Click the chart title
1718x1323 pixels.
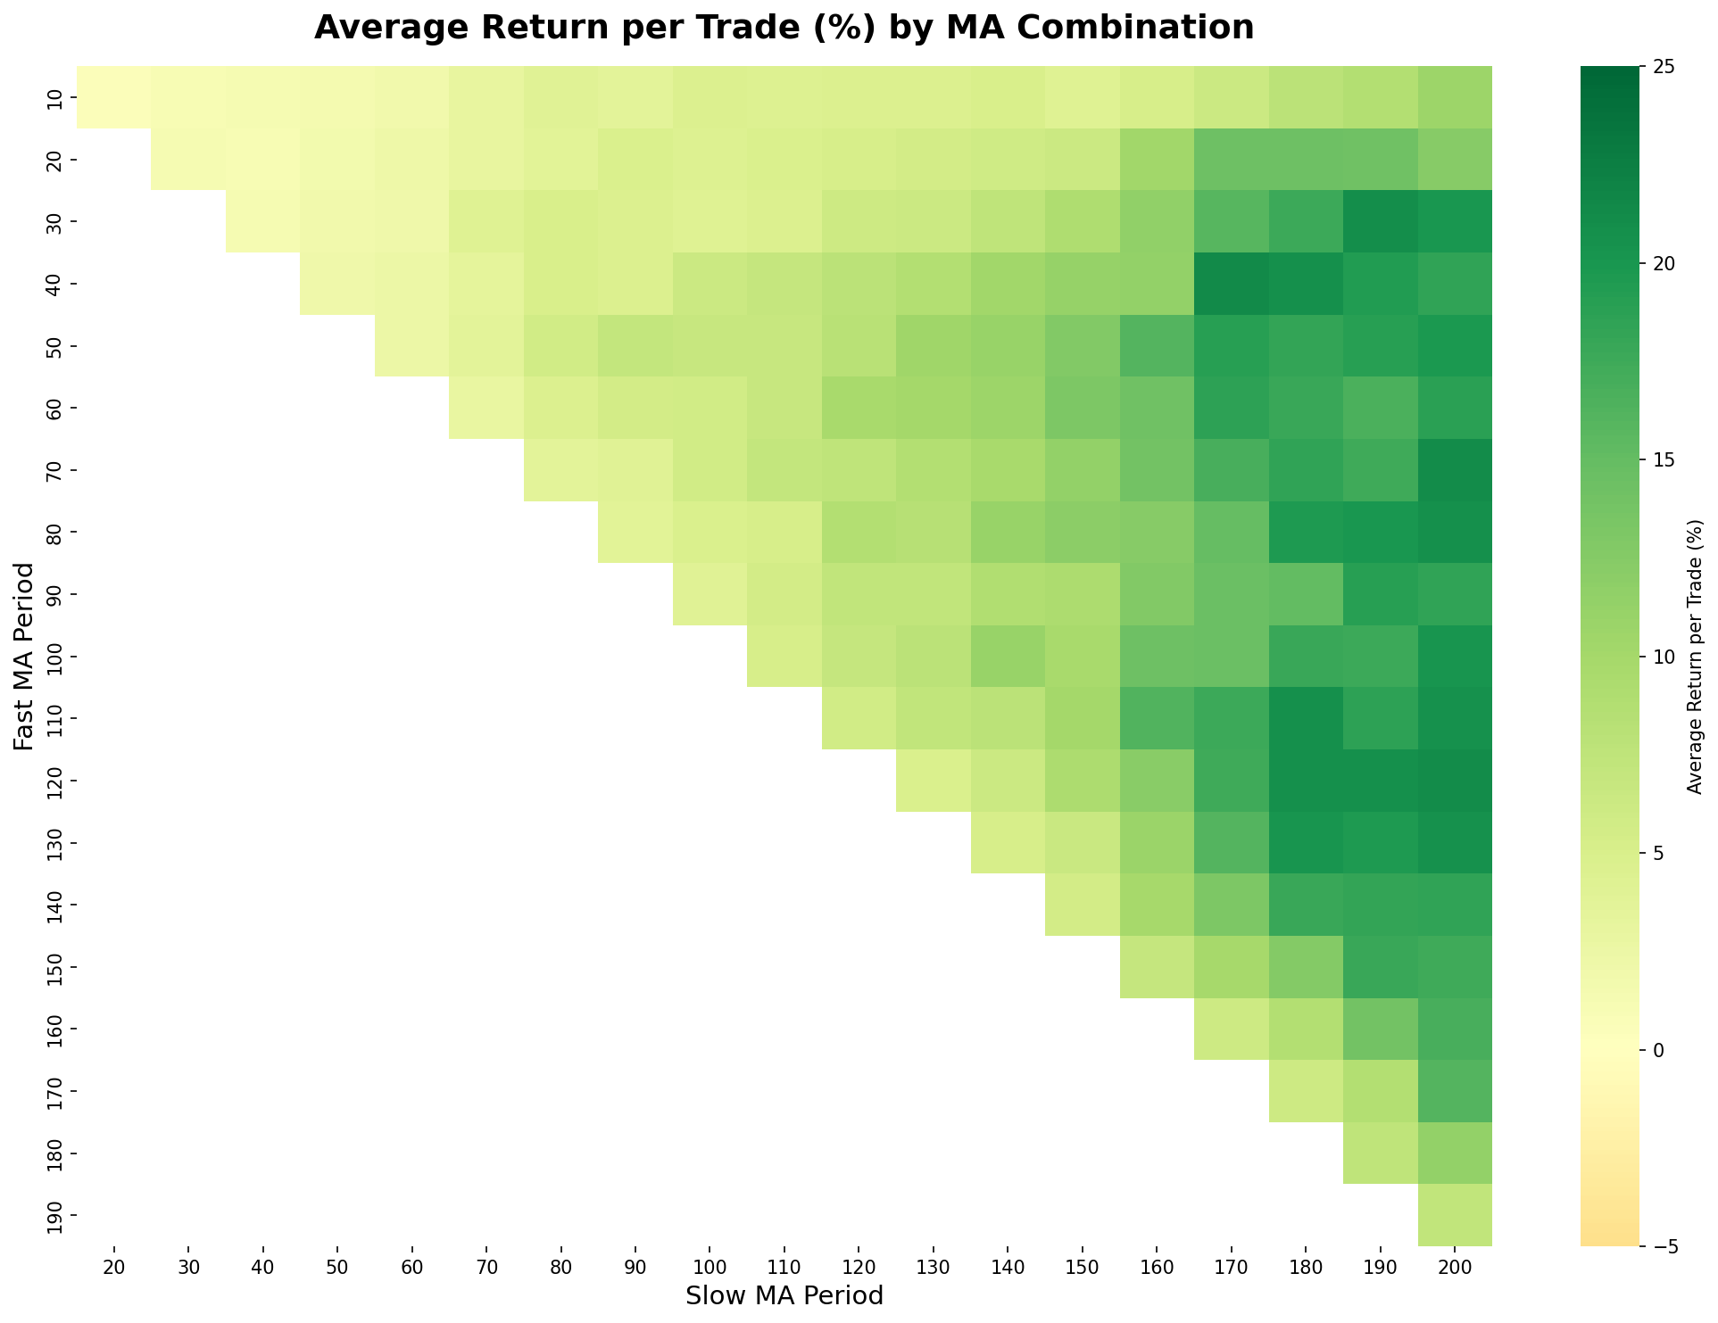(784, 29)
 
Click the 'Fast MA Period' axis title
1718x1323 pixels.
(24, 656)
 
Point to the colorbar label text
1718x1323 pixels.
(1695, 656)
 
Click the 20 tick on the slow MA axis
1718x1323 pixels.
(113, 1264)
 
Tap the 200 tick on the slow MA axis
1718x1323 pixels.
(1455, 1264)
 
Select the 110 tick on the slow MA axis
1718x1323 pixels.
(784, 1264)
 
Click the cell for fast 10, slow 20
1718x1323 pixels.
(113, 97)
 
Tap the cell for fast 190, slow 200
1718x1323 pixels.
(1455, 1215)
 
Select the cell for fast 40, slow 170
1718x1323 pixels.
(1231, 284)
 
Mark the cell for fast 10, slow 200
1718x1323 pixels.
(1455, 97)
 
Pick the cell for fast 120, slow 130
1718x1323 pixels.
(933, 781)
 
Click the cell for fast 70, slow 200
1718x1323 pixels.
(1455, 470)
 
